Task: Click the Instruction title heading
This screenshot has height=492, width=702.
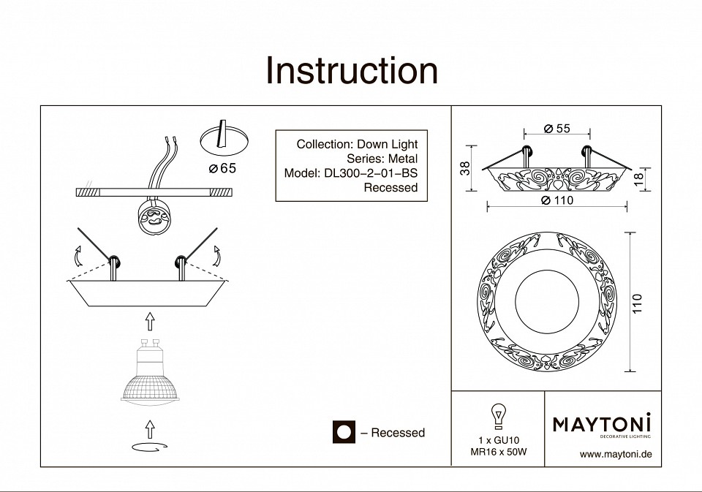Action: (x=352, y=71)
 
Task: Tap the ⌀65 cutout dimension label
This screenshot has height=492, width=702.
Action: (x=222, y=170)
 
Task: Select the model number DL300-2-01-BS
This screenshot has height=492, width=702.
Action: (x=350, y=173)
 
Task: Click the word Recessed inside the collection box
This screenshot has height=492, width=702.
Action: (x=390, y=188)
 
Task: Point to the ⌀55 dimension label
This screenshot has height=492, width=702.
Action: (x=557, y=129)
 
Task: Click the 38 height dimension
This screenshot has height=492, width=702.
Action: (x=464, y=169)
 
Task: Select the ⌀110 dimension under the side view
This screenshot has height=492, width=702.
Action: (x=557, y=200)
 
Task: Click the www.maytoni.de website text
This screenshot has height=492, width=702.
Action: (x=615, y=454)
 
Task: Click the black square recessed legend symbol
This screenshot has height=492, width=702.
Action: (x=344, y=433)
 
